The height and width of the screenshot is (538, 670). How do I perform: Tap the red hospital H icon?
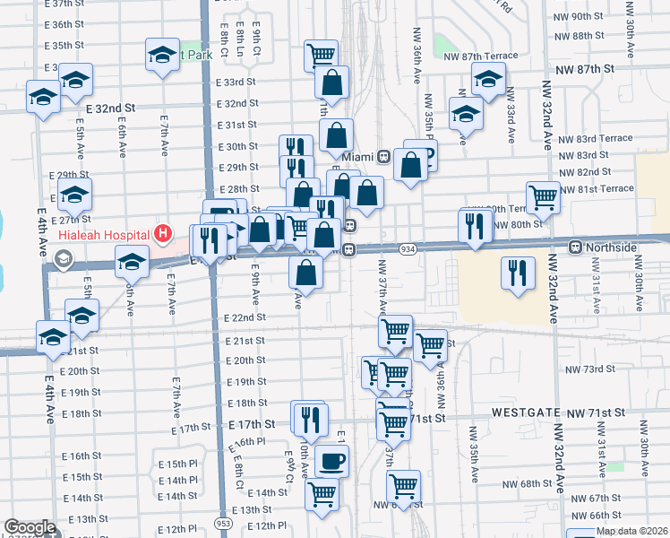[163, 235]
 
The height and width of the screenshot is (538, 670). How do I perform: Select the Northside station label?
[614, 247]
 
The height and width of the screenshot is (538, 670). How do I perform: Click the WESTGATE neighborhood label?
[522, 412]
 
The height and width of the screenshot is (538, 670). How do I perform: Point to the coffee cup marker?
[332, 461]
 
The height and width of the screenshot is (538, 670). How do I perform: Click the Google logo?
[30, 527]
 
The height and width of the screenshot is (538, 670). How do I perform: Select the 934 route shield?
[408, 247]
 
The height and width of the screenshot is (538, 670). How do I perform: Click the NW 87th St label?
[586, 68]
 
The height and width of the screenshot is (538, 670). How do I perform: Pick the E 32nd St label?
[110, 108]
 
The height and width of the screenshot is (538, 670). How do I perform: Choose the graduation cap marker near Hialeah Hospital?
[132, 263]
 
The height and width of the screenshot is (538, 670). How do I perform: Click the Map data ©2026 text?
[632, 531]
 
